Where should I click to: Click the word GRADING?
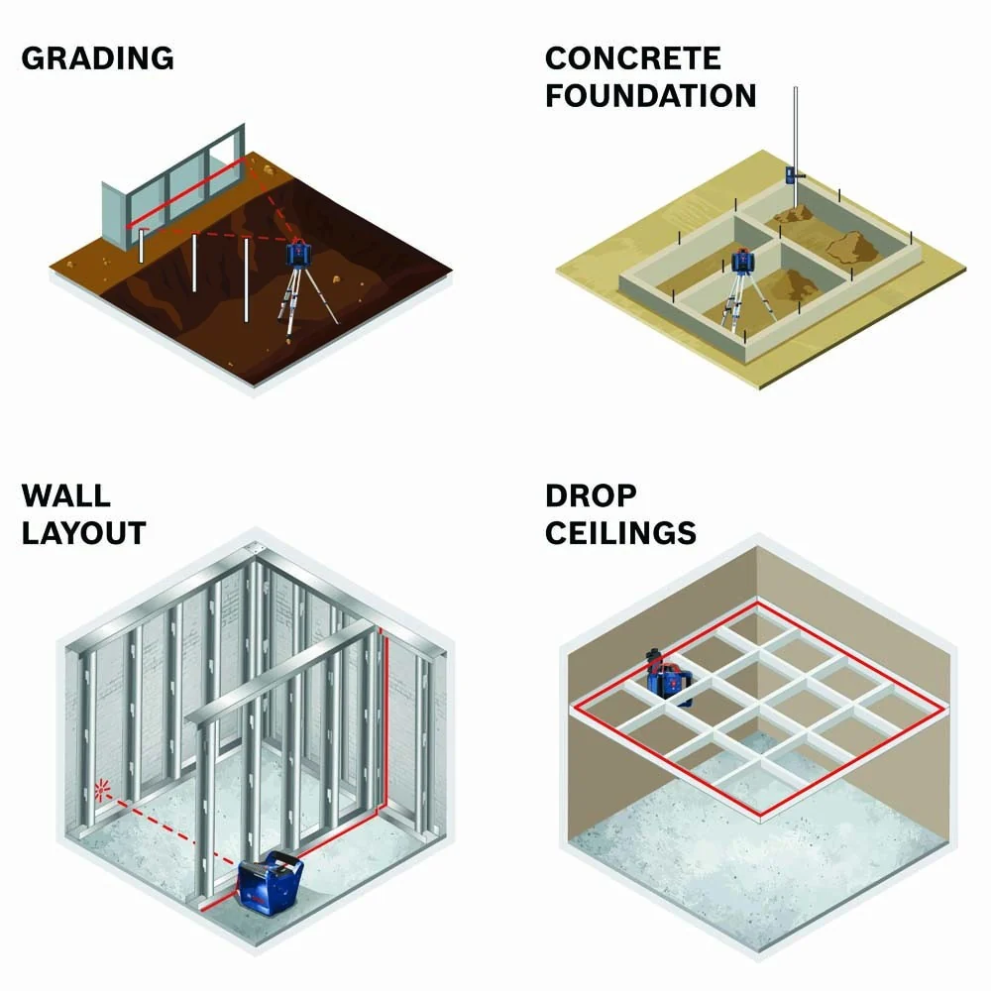coord(97,58)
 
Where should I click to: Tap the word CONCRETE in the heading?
coord(632,58)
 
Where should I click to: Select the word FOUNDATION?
coord(650,96)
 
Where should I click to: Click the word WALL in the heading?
coord(65,495)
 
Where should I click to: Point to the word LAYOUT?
coord(83,533)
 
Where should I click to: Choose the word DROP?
coord(591,496)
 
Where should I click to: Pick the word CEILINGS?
coord(620,533)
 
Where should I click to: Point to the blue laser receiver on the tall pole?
coord(793,175)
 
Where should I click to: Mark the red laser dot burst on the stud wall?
coord(102,791)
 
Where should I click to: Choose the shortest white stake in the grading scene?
coord(142,246)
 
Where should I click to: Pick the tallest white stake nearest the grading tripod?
coord(247,280)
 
